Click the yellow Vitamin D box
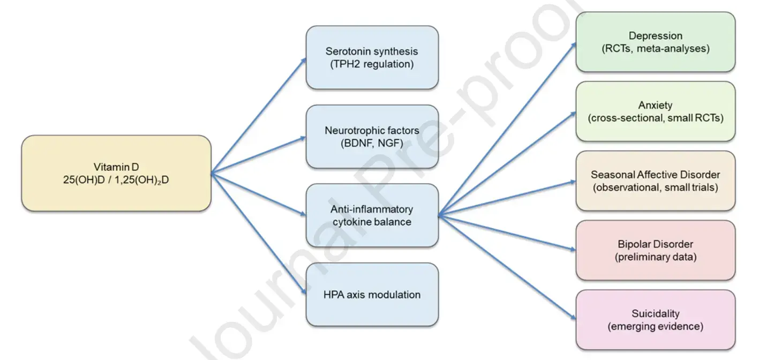116,173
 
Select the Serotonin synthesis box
372,57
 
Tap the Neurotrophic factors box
372,137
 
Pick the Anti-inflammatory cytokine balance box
372,215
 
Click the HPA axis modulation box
372,295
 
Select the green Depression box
655,42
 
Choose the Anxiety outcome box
655,111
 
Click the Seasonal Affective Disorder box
655,181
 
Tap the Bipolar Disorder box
655,250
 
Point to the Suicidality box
655,320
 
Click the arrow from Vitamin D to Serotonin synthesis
259,115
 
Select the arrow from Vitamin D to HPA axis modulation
259,232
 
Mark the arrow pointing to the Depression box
507,130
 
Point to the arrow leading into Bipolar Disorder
507,232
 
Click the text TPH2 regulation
372,64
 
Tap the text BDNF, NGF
372,143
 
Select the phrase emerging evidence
655,326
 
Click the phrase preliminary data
655,257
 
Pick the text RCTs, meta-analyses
655,49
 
